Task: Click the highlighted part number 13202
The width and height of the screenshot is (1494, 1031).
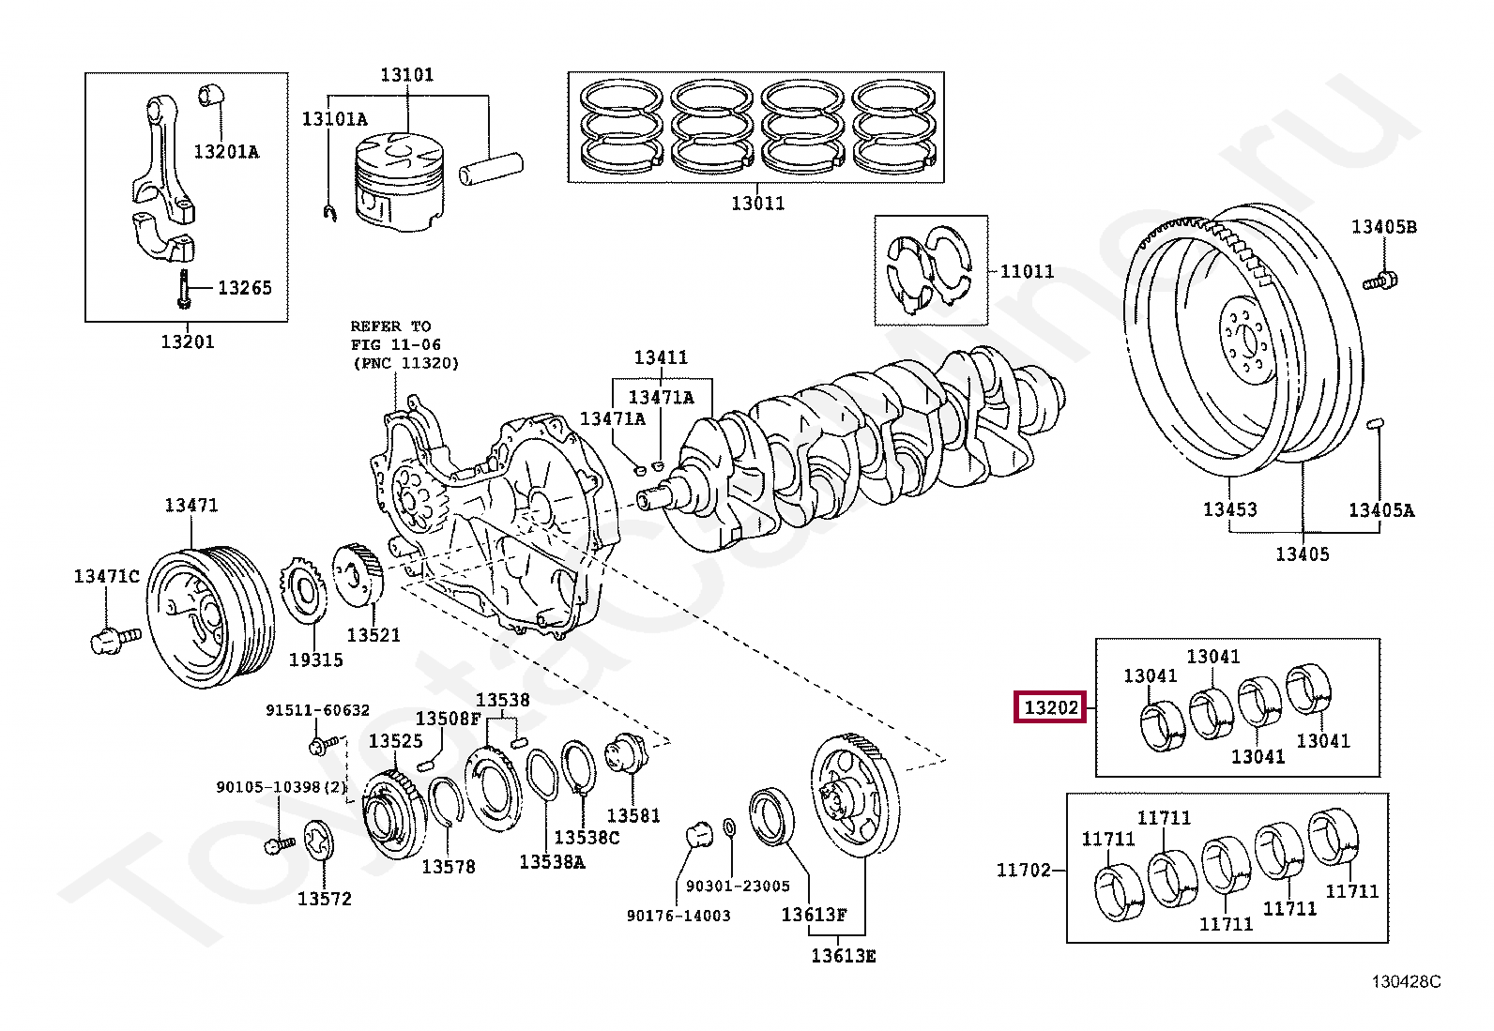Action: pos(1049,708)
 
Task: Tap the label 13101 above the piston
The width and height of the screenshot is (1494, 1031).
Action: pos(406,74)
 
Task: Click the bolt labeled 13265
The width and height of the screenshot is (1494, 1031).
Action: pos(183,288)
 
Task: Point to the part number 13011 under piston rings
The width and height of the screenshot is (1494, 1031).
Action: pos(757,203)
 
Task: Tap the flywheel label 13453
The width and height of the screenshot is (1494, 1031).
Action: pos(1229,509)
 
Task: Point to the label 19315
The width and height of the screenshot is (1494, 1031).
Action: pos(315,660)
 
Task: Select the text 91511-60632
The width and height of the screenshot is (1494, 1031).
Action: pos(317,710)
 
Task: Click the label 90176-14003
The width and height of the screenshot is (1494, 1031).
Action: pos(678,916)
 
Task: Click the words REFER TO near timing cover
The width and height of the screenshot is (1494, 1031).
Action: pos(390,326)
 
